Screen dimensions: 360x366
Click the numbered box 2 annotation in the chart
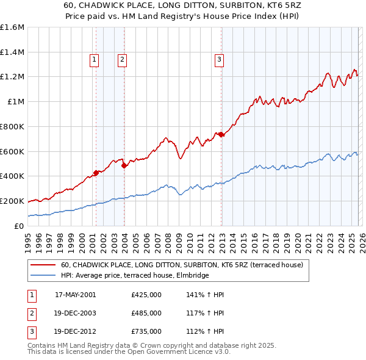pyautogui.click(x=123, y=59)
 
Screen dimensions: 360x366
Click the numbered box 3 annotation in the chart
pyautogui.click(x=219, y=59)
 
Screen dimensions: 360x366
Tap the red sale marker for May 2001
pyautogui.click(x=96, y=172)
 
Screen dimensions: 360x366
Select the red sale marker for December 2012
pyautogui.click(x=221, y=134)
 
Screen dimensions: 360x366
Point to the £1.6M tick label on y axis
pyautogui.click(x=12, y=27)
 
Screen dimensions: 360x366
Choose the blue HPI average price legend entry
pyautogui.click(x=135, y=275)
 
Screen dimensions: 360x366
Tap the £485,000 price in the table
pyautogui.click(x=146, y=313)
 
